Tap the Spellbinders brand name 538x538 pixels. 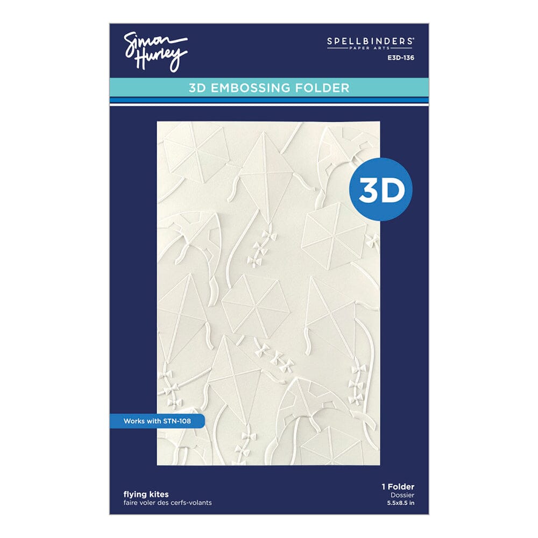[371, 40]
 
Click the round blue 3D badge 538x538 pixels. [381, 189]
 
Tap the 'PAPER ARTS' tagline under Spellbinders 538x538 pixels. [371, 49]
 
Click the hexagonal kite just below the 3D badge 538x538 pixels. [333, 233]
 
